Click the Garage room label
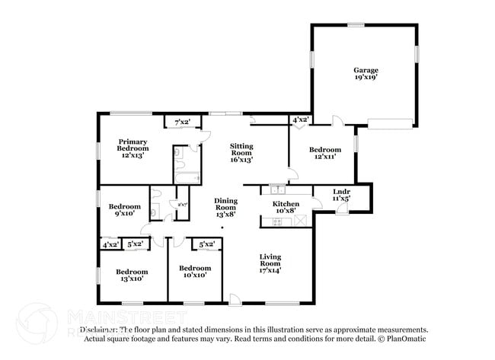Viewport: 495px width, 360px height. click(x=366, y=70)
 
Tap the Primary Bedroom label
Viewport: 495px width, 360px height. click(x=133, y=145)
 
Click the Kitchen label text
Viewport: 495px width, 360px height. click(x=286, y=204)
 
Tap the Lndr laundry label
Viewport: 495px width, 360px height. click(x=342, y=191)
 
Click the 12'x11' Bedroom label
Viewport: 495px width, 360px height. click(x=325, y=151)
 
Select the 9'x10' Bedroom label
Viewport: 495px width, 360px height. click(x=124, y=206)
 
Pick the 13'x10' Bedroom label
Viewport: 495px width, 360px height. click(x=130, y=272)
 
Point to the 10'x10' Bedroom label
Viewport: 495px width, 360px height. click(x=194, y=268)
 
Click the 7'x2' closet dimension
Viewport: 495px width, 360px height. click(x=182, y=122)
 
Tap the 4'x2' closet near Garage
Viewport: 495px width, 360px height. click(x=300, y=119)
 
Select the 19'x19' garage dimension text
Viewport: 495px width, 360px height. click(x=366, y=77)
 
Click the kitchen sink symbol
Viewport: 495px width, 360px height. click(x=279, y=189)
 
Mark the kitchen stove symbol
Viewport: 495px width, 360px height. click(x=278, y=221)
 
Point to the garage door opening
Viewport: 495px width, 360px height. click(x=391, y=123)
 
